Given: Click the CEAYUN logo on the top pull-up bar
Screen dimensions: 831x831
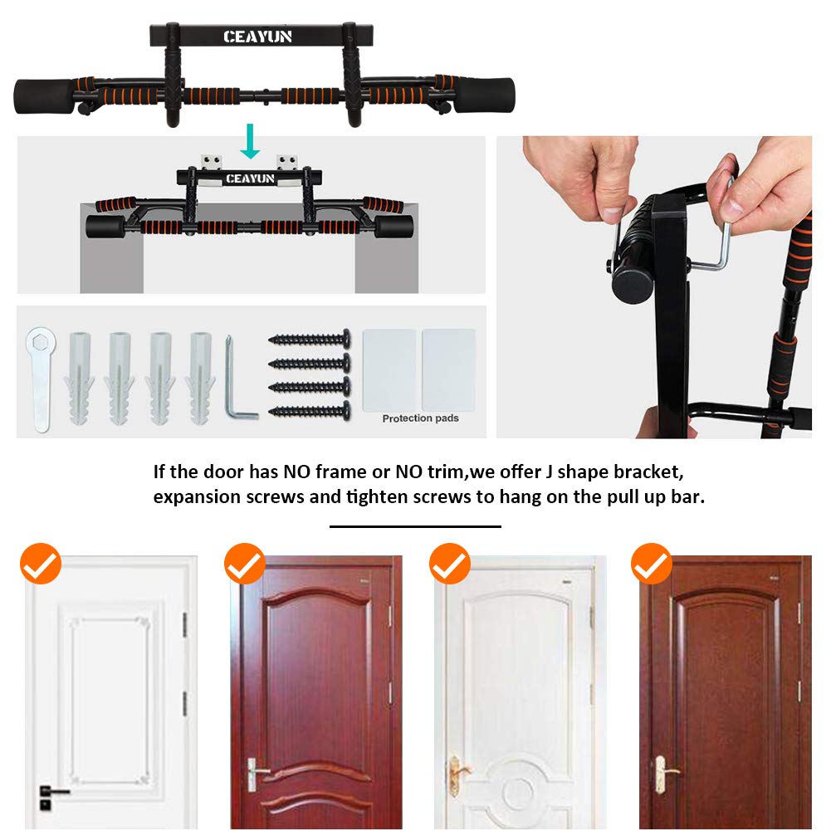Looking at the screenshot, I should [257, 37].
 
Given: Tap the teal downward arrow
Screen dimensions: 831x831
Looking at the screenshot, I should [250, 142].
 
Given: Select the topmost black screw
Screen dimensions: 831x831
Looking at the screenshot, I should [309, 339].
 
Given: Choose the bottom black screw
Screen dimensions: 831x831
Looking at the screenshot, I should [309, 410].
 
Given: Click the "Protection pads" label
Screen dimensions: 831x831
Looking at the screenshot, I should [420, 418].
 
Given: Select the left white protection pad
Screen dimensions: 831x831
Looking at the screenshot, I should [389, 369].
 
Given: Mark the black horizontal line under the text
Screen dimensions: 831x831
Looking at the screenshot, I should [415, 526].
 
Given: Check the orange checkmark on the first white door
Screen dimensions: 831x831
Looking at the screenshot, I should [41, 564].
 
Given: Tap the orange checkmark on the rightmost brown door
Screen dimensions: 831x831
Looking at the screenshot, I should [652, 564].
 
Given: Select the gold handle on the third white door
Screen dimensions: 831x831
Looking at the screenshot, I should [458, 769].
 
